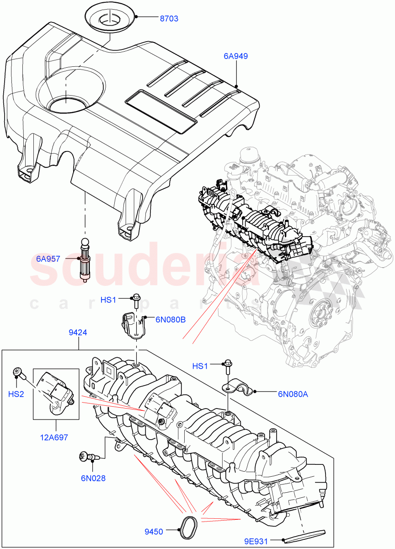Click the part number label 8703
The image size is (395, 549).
[169, 19]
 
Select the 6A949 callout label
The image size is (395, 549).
[235, 56]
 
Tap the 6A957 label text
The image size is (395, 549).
[48, 258]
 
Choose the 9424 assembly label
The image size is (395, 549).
[78, 333]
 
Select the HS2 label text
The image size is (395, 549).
[16, 393]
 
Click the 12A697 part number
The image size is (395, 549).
[53, 437]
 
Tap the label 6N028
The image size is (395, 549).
[93, 479]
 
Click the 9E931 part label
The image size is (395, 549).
[269, 540]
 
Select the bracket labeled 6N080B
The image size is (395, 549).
[133, 325]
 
